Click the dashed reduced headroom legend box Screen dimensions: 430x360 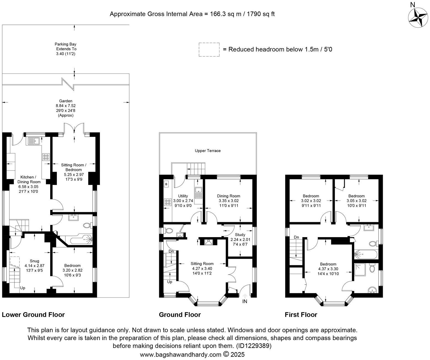[209, 50]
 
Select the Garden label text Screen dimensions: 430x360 [66, 101]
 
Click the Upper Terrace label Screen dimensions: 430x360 [208, 151]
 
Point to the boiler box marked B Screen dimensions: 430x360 [166, 184]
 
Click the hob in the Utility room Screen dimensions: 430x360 [168, 202]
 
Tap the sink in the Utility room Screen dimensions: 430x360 [198, 192]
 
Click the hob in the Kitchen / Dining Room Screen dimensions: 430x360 [46, 157]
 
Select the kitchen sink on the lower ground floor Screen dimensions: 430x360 [33, 141]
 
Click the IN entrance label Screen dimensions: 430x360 [245, 301]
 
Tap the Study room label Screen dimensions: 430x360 [240, 235]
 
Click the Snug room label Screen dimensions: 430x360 [34, 261]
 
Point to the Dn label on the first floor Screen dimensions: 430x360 [296, 237]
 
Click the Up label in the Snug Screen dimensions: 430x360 [23, 288]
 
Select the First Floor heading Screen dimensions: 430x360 [301, 315]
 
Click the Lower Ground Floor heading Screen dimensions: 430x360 [33, 315]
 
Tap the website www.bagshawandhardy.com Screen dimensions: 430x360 [181, 354]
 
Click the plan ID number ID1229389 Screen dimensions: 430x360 [253, 346]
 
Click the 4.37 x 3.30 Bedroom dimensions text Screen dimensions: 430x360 [328, 269]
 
